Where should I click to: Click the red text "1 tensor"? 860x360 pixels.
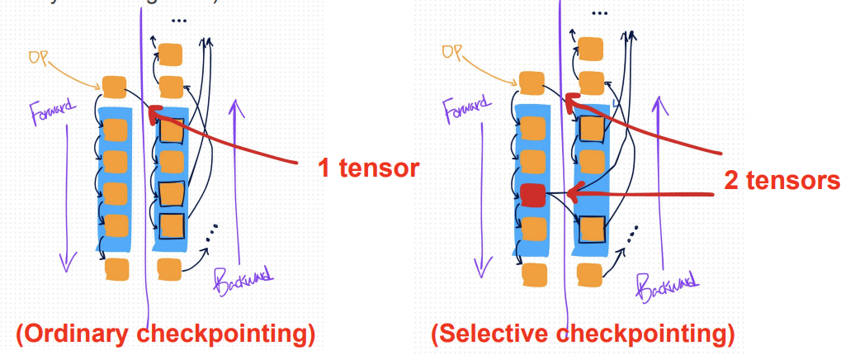tap(370, 169)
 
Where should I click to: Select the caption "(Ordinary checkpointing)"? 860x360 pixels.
tap(165, 334)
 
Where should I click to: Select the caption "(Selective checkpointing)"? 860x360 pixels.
tap(583, 334)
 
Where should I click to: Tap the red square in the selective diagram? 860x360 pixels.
tap(533, 196)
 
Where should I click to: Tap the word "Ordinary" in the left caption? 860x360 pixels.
tap(78, 334)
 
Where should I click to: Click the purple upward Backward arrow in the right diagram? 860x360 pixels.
tap(658, 182)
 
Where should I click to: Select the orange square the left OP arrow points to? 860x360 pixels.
tap(113, 85)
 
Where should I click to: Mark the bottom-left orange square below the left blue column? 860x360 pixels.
tap(116, 268)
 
